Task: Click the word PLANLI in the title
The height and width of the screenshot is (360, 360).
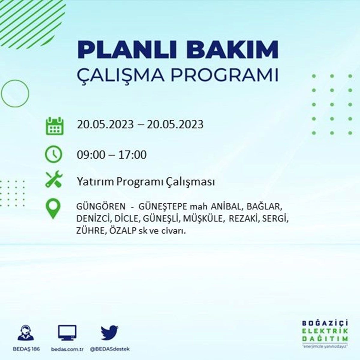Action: tap(121, 50)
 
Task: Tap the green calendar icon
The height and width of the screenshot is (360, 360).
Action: tap(55, 126)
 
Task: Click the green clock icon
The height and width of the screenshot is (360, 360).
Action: tap(54, 154)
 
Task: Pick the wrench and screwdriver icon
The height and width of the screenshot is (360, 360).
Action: tap(54, 179)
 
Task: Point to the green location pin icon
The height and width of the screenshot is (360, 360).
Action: tap(53, 208)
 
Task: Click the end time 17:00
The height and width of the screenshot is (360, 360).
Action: tap(129, 155)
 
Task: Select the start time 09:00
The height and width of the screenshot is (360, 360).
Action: tap(91, 155)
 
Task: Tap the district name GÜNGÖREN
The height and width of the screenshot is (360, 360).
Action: tap(101, 206)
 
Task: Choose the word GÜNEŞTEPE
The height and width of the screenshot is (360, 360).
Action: tap(163, 207)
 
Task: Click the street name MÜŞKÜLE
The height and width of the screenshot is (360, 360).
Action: tap(203, 219)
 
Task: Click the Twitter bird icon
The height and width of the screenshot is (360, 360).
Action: tap(109, 333)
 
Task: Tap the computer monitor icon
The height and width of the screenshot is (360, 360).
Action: tap(67, 333)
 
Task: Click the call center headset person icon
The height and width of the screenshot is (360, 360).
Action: tap(26, 333)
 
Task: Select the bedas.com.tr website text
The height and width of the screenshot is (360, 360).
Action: tap(67, 349)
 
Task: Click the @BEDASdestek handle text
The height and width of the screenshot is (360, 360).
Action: tap(110, 349)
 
